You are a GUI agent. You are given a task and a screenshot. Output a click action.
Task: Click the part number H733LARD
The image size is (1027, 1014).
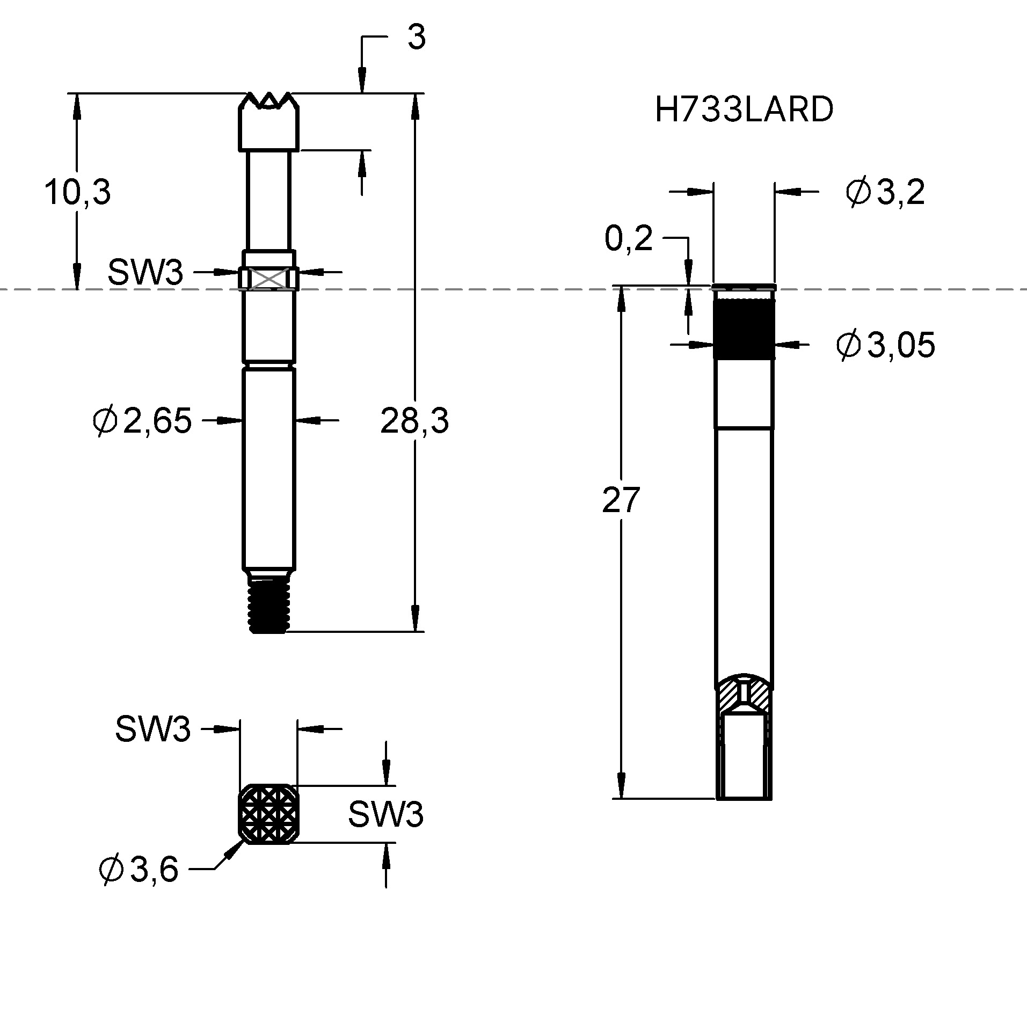[x=744, y=110]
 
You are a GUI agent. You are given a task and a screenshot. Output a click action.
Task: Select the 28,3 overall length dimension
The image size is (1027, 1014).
[x=414, y=420]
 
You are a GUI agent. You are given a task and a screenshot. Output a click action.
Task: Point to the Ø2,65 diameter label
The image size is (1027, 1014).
[x=142, y=421]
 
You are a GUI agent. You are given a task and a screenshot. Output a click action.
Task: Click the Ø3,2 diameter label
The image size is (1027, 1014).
[x=885, y=192]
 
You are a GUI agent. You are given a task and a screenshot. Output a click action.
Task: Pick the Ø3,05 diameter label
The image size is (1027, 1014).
[x=885, y=345]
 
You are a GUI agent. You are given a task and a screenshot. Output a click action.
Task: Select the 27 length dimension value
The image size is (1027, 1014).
[x=621, y=499]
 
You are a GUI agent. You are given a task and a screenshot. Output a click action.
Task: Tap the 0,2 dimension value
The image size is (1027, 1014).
[x=628, y=238]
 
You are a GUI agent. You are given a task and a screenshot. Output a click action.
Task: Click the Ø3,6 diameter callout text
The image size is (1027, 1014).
[x=139, y=869]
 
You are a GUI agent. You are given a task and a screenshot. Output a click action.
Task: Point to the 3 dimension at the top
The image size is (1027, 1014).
[x=416, y=38]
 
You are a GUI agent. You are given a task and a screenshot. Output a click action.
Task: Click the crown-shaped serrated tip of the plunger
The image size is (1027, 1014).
[x=268, y=121]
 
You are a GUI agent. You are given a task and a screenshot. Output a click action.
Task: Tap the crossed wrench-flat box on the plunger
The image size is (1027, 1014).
[x=268, y=279]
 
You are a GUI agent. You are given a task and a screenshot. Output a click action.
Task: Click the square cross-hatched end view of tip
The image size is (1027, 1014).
[x=268, y=814]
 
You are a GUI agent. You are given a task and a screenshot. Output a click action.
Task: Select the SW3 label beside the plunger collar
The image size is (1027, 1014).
[x=145, y=272]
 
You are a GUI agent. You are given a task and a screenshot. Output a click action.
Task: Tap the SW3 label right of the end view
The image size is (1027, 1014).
[x=385, y=814]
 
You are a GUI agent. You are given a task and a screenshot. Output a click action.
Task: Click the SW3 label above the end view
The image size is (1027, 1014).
[x=152, y=729]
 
